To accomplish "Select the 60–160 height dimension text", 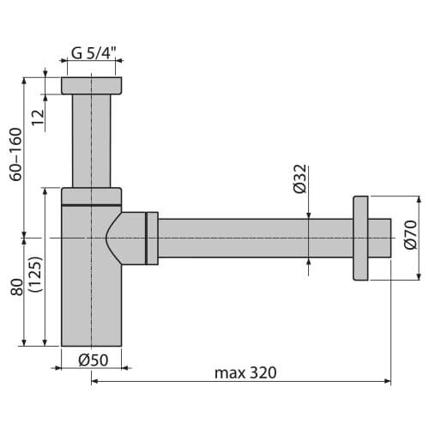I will tap(16, 154).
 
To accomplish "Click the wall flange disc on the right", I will tap(360, 239).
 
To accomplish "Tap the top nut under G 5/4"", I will tap(93, 86).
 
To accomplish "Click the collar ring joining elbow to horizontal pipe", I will tap(152, 238).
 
